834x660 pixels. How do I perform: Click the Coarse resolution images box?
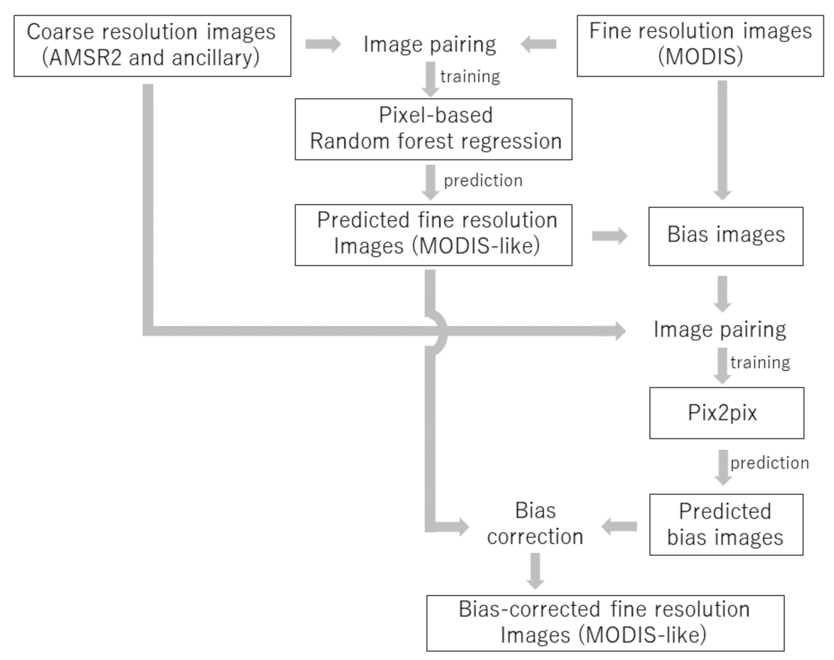click(x=152, y=46)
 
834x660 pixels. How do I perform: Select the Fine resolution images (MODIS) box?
click(x=700, y=46)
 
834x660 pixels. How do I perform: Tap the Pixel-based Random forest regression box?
click(x=433, y=129)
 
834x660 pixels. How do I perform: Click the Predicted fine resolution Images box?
click(x=433, y=235)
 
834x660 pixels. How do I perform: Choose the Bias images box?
click(x=725, y=236)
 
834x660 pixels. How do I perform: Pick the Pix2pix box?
click(x=726, y=413)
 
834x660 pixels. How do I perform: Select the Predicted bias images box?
click(x=726, y=525)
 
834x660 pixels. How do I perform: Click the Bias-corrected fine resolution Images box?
click(x=605, y=623)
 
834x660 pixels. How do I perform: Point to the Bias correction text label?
click(x=535, y=524)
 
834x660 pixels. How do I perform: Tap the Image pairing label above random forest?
click(x=430, y=44)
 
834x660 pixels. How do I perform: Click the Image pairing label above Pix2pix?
click(x=719, y=329)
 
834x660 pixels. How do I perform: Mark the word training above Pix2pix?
click(x=760, y=362)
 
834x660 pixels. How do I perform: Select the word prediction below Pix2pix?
click(x=769, y=463)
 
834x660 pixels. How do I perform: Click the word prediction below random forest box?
click(x=483, y=180)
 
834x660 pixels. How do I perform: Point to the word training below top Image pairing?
click(x=470, y=76)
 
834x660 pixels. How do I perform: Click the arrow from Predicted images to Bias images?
click(x=609, y=236)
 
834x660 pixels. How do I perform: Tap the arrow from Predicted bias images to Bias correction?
click(x=619, y=527)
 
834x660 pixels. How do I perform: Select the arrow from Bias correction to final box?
click(x=535, y=571)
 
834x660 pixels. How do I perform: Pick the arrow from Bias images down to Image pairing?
click(x=722, y=293)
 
